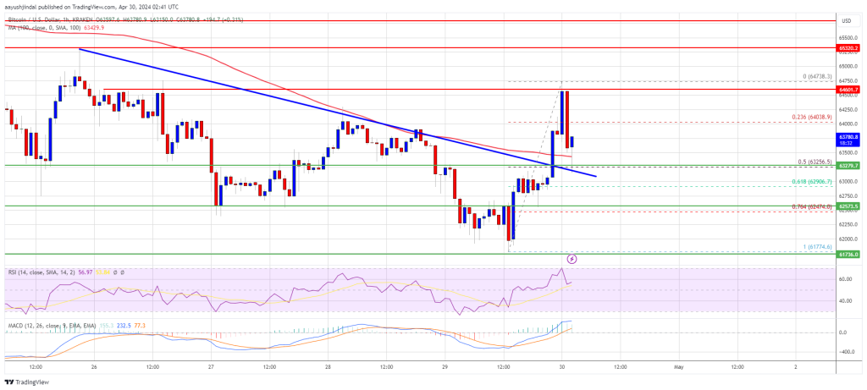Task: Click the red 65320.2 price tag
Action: click(848, 48)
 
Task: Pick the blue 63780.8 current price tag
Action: click(848, 135)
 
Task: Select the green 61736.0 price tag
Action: click(848, 254)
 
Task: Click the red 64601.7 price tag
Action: click(848, 89)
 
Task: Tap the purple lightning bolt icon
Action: click(572, 258)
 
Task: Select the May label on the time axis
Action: click(677, 367)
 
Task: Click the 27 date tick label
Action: click(211, 367)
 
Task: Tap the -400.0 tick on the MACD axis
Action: click(847, 348)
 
